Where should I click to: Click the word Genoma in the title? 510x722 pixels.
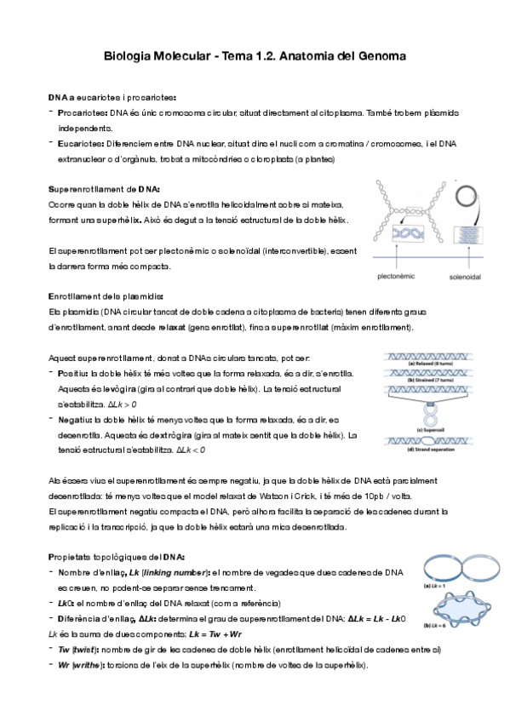pos(379,56)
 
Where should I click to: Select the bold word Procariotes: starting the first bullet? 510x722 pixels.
pos(83,112)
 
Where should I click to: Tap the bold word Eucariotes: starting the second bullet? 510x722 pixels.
pos(81,144)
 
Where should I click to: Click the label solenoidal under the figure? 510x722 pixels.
pos(466,276)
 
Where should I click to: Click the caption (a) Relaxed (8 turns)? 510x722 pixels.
pos(432,364)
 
